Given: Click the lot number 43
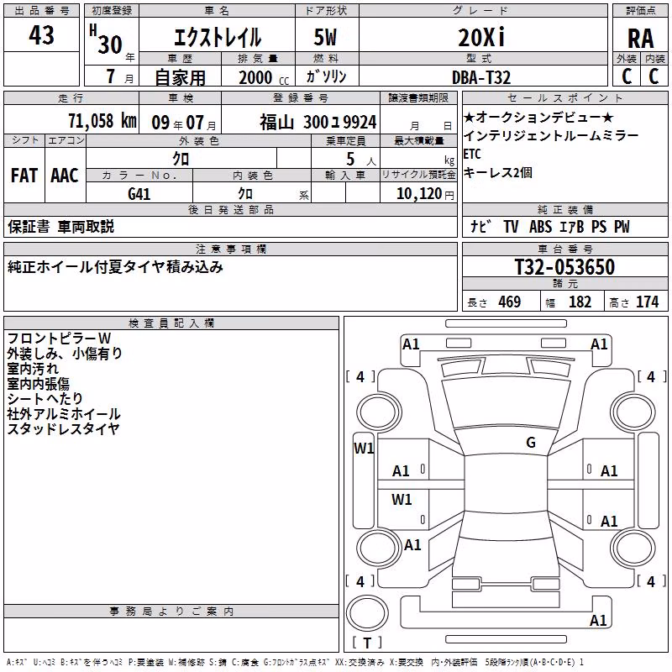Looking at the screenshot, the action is [41, 34].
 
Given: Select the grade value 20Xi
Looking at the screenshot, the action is [481, 37].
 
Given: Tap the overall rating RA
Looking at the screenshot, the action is [640, 39].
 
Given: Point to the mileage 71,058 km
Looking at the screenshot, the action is [102, 121].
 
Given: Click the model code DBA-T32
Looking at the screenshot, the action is [481, 77].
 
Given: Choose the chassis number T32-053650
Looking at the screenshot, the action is [564, 266].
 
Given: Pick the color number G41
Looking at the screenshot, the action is [139, 194].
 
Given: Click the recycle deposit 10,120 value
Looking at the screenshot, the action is [419, 194].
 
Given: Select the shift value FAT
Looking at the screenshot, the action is [24, 176].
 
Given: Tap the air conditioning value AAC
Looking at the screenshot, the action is [65, 176].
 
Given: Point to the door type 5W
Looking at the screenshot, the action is [325, 37].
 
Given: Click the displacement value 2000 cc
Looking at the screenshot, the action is [264, 77].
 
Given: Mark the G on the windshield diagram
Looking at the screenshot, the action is [531, 442].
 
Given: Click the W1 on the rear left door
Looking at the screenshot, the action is [402, 499].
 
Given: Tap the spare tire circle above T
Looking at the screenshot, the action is [367, 613].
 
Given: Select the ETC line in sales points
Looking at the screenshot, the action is [472, 154].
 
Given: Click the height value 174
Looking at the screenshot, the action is [647, 302].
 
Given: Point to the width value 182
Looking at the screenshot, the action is [580, 302].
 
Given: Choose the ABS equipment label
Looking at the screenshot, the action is [540, 227].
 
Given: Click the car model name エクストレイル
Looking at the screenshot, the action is [218, 37].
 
